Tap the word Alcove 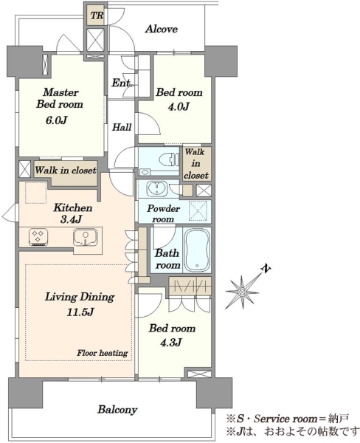tap(162, 29)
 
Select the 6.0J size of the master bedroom tap(56, 120)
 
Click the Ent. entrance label tap(122, 83)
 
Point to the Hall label tap(122, 127)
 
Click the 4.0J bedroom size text tap(179, 106)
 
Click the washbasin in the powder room tap(157, 189)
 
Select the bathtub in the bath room tap(197, 250)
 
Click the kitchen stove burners tap(38, 237)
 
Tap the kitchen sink tap(86, 237)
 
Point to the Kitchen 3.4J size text tap(71, 219)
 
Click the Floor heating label tap(103, 353)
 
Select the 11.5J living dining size tap(80, 312)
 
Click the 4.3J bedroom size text tap(171, 343)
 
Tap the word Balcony tap(117, 410)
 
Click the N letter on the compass tap(266, 269)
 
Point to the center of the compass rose tap(242, 292)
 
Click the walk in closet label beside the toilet tap(196, 164)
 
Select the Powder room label tap(163, 214)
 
